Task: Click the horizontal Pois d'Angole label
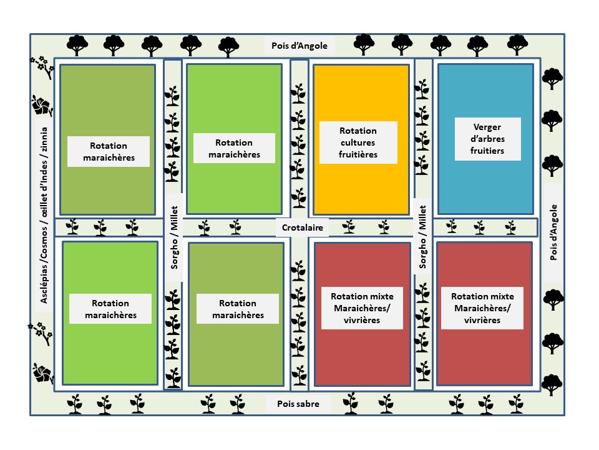(x=299, y=46)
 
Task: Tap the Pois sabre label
(x=298, y=404)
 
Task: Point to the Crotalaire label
(x=302, y=228)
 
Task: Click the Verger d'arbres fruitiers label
(x=488, y=138)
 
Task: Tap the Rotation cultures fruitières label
(x=358, y=142)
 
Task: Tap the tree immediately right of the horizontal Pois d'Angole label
(x=354, y=44)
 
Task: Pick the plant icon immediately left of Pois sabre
(x=242, y=404)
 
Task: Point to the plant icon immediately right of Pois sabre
(x=351, y=403)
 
